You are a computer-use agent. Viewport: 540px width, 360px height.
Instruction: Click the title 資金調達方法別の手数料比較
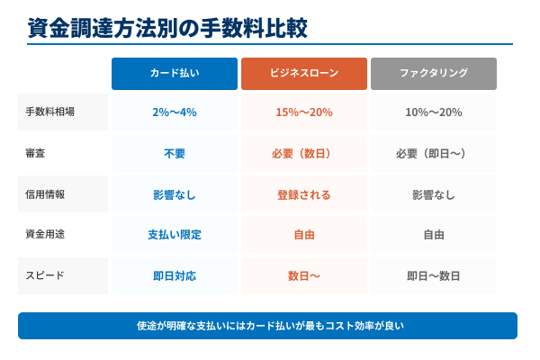168,28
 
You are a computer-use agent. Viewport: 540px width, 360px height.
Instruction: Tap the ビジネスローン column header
303,74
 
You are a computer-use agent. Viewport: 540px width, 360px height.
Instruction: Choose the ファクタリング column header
433,74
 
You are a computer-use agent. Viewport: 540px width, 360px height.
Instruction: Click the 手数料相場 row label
50,112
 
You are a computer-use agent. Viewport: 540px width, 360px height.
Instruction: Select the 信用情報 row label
44,194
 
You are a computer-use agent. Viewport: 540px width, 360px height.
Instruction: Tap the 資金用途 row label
44,235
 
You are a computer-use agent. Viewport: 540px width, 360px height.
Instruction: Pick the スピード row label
44,275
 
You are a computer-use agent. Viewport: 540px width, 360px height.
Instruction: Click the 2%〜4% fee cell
175,112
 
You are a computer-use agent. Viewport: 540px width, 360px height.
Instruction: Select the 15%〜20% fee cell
303,112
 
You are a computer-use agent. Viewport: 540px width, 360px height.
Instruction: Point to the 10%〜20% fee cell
433,112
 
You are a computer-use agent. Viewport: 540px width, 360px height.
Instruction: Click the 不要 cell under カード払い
175,154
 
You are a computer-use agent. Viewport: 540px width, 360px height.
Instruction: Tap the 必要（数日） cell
303,154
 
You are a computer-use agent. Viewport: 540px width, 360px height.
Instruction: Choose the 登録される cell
303,194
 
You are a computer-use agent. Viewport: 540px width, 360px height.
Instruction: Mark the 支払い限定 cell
175,235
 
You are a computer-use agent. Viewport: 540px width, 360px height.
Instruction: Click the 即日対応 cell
175,275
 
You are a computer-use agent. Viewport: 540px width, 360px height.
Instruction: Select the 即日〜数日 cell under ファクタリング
433,275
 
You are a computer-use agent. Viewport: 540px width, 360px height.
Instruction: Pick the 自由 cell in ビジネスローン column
303,235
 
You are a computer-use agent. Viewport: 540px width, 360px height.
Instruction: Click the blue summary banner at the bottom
267,326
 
